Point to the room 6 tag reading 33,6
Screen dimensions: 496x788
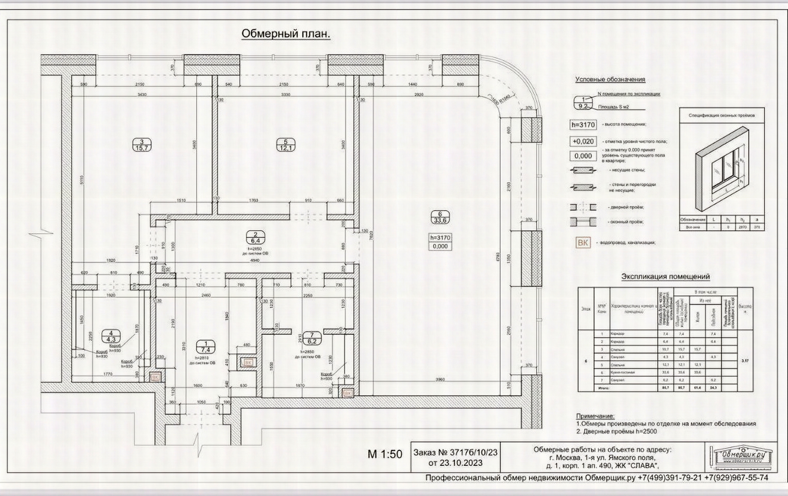440,217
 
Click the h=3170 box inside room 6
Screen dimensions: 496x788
440,237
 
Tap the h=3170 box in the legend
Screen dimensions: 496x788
583,125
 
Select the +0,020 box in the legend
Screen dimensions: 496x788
583,141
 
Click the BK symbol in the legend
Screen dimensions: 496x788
583,243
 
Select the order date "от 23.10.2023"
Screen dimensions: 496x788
455,463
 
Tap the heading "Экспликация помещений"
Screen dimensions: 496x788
666,277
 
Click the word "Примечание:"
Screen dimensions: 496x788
595,416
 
